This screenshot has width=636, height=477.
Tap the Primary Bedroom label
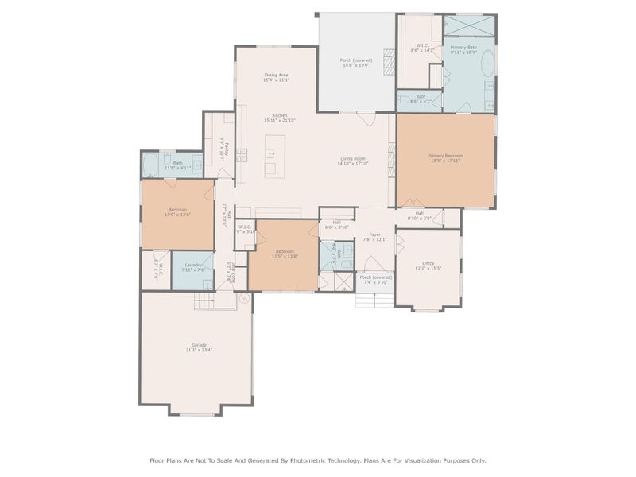point(445,156)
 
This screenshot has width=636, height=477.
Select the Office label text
point(428,263)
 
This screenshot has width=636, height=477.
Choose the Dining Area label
point(276,75)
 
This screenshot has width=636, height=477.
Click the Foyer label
point(374,235)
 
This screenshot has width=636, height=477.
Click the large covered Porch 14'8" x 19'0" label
point(356,60)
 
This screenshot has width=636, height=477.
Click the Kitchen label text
point(280,115)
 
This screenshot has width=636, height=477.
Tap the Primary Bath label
point(463,48)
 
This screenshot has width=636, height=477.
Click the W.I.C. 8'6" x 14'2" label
point(421,45)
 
